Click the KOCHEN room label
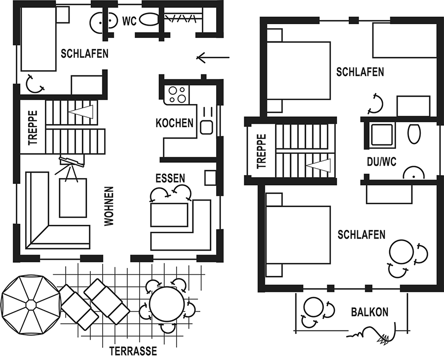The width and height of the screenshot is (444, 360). point(175,123)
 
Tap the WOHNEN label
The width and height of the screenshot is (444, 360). point(109,206)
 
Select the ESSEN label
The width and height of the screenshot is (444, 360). point(170,179)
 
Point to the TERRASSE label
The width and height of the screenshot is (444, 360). point(133,351)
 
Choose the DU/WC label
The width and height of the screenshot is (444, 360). point(381,162)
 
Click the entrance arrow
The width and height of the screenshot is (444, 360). point(213,58)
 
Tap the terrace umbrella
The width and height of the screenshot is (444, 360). point(31,305)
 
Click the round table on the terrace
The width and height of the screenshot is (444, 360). point(167,305)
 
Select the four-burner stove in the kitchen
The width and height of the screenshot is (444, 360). point(177,95)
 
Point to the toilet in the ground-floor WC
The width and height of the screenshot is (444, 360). point(149,20)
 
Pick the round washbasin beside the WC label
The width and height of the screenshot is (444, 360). point(104,21)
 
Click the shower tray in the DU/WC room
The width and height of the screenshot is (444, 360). point(381,135)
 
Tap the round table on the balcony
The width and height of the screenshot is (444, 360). point(313,307)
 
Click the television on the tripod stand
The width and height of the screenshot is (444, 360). point(72,161)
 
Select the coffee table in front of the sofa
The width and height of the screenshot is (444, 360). point(73,198)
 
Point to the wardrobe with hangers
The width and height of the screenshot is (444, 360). point(181,19)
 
